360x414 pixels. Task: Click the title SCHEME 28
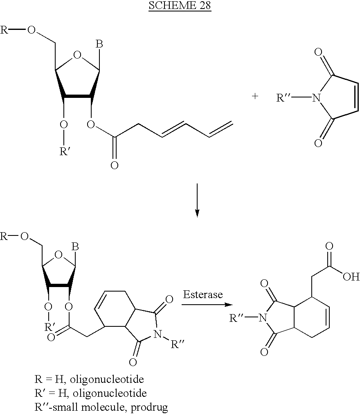click(x=180, y=5)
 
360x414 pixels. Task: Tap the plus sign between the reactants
click(x=255, y=96)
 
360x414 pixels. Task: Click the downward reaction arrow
click(x=197, y=200)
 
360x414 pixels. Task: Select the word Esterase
click(x=203, y=294)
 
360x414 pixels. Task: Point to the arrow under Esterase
click(x=207, y=305)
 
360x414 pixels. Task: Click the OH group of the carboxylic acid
click(x=351, y=276)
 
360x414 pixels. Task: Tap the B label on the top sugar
click(x=99, y=44)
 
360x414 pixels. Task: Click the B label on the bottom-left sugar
click(x=75, y=247)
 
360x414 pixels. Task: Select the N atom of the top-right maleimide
click(x=316, y=98)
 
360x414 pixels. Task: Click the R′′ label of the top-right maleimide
click(x=283, y=97)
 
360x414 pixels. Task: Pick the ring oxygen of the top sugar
click(x=77, y=55)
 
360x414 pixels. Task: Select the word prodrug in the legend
click(x=149, y=407)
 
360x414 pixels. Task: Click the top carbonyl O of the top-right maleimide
click(x=318, y=52)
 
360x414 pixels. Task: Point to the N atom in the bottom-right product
click(x=263, y=318)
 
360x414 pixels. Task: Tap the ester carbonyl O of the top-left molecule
click(x=115, y=165)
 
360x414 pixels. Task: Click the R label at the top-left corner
click(x=4, y=30)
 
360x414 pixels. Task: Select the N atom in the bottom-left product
click(x=157, y=334)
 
